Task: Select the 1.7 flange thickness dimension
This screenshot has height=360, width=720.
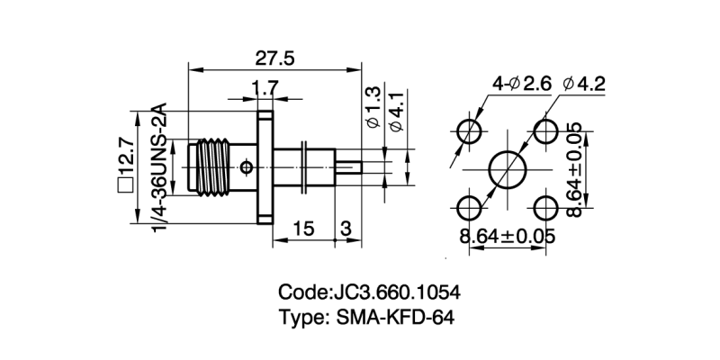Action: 265,88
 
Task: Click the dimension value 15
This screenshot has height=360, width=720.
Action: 303,229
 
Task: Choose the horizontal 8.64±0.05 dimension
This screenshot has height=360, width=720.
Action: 507,237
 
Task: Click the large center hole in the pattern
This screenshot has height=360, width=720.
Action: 508,169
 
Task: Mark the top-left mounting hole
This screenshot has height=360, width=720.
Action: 469,130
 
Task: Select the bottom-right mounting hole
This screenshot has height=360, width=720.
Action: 546,209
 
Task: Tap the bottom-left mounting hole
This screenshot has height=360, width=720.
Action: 469,209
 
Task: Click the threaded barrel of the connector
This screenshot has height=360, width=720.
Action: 216,167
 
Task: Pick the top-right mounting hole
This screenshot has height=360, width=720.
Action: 546,130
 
